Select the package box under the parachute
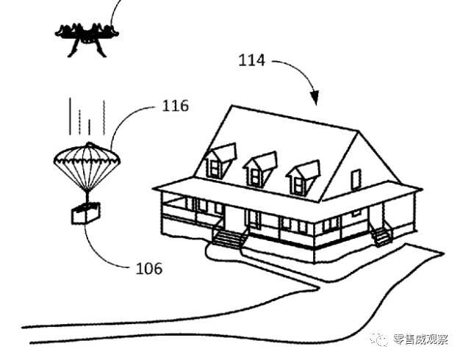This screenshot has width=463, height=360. pos(86,213)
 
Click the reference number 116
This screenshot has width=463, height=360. pos(176,106)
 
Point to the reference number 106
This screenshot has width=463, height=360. pos(148,268)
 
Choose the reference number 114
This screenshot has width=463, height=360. pos(251,60)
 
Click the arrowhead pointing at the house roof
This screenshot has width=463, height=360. pos(315,98)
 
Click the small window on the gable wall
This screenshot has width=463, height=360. pos(356,180)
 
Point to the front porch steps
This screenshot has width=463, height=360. pos(229,238)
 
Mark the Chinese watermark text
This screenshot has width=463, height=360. pos(420,339)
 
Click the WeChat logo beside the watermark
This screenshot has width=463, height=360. pos(378,339)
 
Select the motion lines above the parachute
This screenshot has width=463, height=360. pos(87,117)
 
